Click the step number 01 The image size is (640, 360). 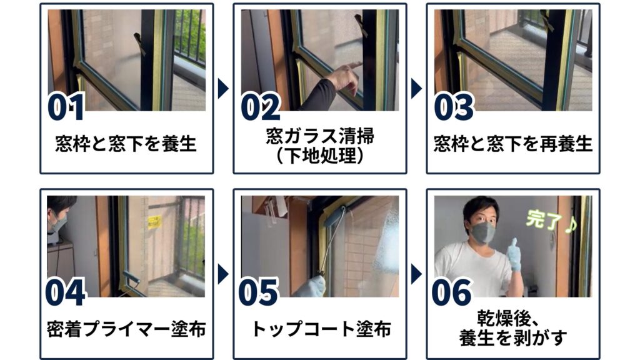click(x=66, y=107)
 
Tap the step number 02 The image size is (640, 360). click(x=261, y=107)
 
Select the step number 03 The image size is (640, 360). click(x=454, y=107)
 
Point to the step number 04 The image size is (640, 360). click(x=65, y=292)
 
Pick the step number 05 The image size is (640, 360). click(x=258, y=292)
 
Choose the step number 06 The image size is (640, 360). click(x=451, y=292)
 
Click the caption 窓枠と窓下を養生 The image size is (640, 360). click(x=126, y=144)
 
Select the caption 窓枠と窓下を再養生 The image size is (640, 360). click(x=513, y=144)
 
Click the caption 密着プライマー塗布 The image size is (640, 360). click(x=126, y=329)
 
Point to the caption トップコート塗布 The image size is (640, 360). click(x=321, y=329)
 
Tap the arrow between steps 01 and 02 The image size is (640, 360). click(x=223, y=89)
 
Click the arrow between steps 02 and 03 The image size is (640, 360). click(x=416, y=89)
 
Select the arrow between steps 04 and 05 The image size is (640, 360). click(x=223, y=274)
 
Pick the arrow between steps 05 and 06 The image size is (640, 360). click(x=416, y=274)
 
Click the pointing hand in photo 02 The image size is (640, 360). click(x=345, y=77)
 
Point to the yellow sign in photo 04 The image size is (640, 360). click(x=154, y=222)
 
